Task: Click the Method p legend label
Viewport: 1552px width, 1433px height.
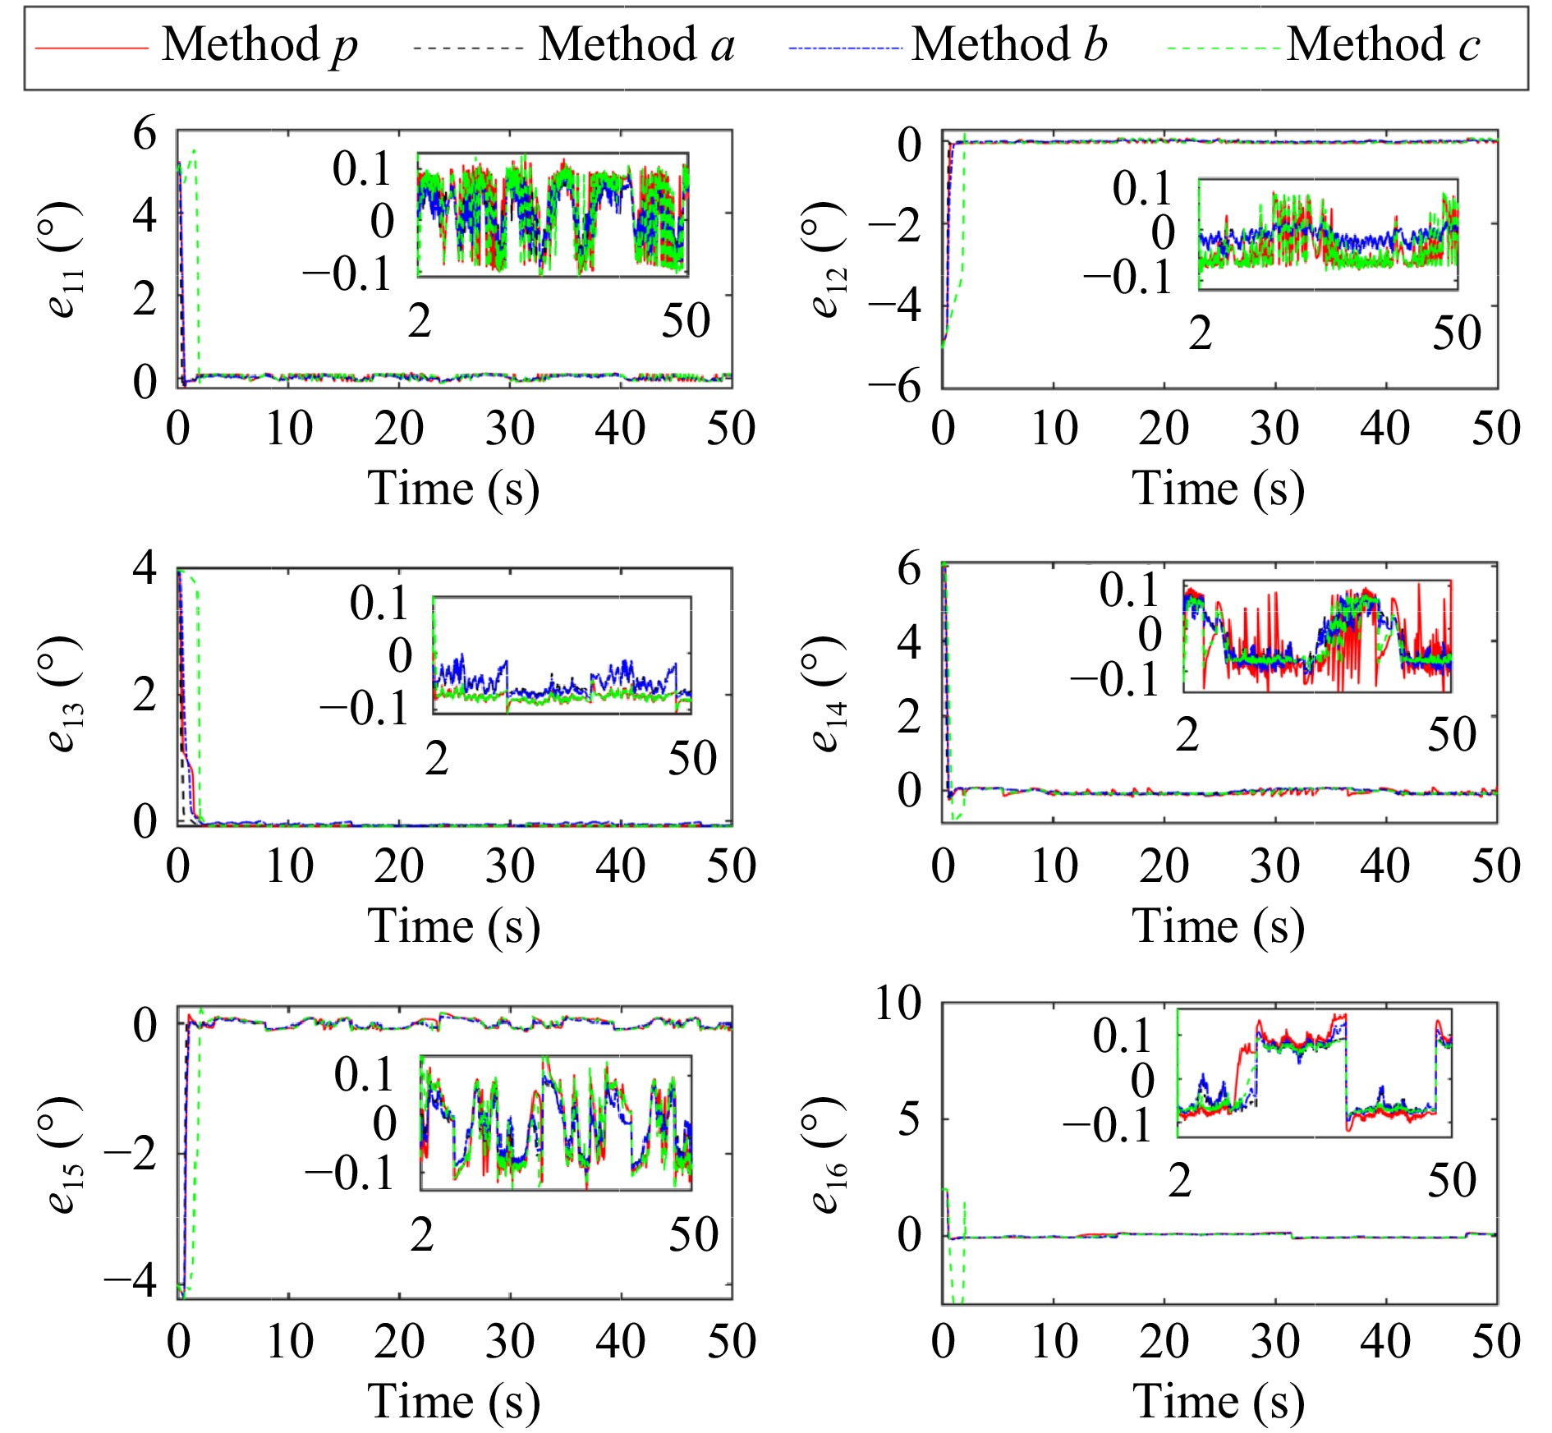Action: coord(259,45)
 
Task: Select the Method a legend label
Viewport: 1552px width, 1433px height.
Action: coord(636,45)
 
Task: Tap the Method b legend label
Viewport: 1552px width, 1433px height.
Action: coord(1009,45)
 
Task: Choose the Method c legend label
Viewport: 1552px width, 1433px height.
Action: coord(1384,45)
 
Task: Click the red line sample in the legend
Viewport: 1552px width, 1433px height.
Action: coord(91,48)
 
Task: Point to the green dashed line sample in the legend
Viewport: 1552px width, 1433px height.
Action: coord(1223,48)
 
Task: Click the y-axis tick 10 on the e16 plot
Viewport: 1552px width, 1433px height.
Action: coord(898,1003)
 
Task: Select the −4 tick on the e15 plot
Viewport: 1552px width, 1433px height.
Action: coord(130,1280)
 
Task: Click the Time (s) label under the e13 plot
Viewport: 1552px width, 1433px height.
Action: coord(453,926)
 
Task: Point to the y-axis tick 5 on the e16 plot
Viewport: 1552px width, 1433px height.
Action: coord(908,1119)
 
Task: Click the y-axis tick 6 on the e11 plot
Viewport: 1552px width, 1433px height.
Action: coord(145,133)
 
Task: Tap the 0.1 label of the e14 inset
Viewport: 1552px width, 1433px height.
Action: coord(1128,590)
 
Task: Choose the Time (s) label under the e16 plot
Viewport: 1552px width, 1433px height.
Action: coord(1219,1401)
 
